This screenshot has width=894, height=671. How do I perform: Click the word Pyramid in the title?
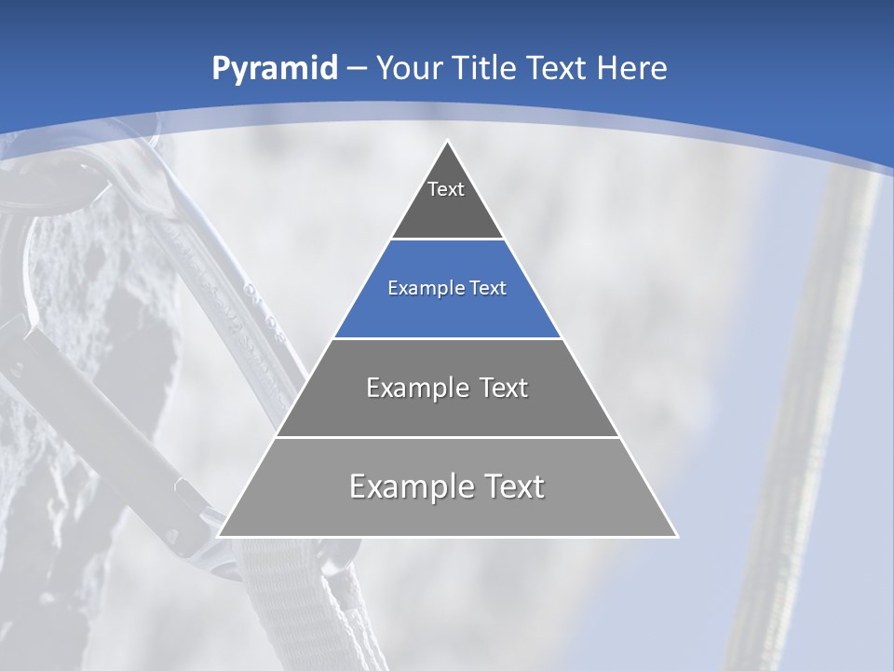(275, 68)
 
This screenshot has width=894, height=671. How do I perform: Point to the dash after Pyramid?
(356, 69)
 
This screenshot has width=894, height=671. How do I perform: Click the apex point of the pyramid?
(448, 142)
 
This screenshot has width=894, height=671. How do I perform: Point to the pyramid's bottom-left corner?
(219, 536)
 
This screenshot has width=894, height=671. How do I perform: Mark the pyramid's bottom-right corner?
(677, 536)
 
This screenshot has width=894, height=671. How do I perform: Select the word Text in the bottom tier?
(510, 486)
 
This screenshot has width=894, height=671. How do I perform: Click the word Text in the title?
(560, 68)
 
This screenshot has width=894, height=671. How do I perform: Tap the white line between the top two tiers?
(447, 240)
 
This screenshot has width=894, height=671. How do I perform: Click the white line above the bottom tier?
(447, 437)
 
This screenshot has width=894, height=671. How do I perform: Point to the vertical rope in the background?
(801, 419)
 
